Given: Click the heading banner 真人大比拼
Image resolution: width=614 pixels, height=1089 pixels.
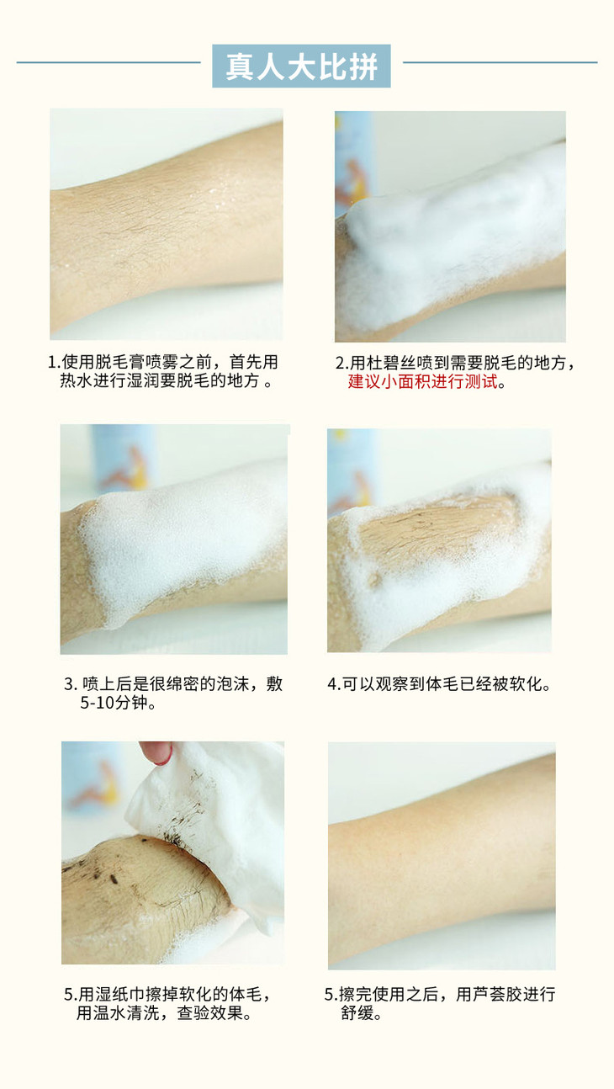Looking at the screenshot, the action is pyautogui.click(x=301, y=66).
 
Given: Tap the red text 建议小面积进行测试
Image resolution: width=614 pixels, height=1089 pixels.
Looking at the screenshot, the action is pyautogui.click(x=422, y=381).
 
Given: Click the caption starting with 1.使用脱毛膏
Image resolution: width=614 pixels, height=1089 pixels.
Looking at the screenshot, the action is pyautogui.click(x=163, y=371).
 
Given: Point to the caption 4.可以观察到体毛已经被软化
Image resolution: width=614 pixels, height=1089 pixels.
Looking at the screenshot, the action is pyautogui.click(x=440, y=684).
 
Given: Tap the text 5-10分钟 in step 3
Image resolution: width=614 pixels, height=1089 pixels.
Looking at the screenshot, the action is pyautogui.click(x=118, y=703).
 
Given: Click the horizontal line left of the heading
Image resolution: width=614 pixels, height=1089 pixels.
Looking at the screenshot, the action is pyautogui.click(x=109, y=62).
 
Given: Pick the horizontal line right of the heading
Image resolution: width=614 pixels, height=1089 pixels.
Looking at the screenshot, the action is pyautogui.click(x=500, y=62).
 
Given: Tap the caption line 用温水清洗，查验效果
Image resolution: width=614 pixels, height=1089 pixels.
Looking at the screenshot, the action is pyautogui.click(x=164, y=1013).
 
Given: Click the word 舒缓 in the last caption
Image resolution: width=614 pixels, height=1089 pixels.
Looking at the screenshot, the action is pyautogui.click(x=361, y=1013).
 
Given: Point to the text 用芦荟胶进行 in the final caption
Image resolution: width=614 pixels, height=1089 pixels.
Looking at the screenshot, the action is pyautogui.click(x=505, y=994).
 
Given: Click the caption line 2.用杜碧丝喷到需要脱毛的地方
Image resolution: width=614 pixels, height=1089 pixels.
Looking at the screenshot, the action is pyautogui.click(x=455, y=363).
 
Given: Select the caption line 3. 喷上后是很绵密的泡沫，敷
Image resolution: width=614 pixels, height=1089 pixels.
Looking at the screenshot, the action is pyautogui.click(x=173, y=684).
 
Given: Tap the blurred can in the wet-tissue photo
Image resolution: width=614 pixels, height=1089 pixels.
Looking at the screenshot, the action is pyautogui.click(x=93, y=783).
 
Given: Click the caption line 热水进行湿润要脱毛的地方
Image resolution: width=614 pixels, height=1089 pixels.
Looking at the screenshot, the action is pyautogui.click(x=165, y=381).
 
